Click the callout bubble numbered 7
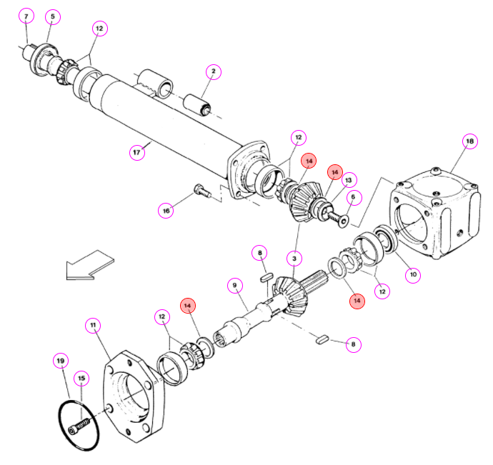pyautogui.click(x=26, y=16)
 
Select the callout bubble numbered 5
pyautogui.click(x=52, y=16)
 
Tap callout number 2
pyautogui.click(x=214, y=71)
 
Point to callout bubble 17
pyautogui.click(x=136, y=152)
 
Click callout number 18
pyautogui.click(x=469, y=141)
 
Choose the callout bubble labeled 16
pyautogui.click(x=166, y=210)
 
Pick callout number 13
pyautogui.click(x=349, y=180)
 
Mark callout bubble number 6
pyautogui.click(x=354, y=197)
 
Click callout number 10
pyautogui.click(x=413, y=274)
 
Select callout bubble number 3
pyautogui.click(x=294, y=259)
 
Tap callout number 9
pyautogui.click(x=235, y=286)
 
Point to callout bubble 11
pyautogui.click(x=93, y=325)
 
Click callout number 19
pyautogui.click(x=61, y=361)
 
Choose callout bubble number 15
pyautogui.click(x=81, y=378)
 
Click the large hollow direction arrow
pyautogui.click(x=90, y=266)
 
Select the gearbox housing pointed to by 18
pyautogui.click(x=435, y=214)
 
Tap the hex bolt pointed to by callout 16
pyautogui.click(x=202, y=191)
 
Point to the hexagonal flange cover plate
pyautogui.click(x=134, y=396)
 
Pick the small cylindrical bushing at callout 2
pyautogui.click(x=197, y=105)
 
